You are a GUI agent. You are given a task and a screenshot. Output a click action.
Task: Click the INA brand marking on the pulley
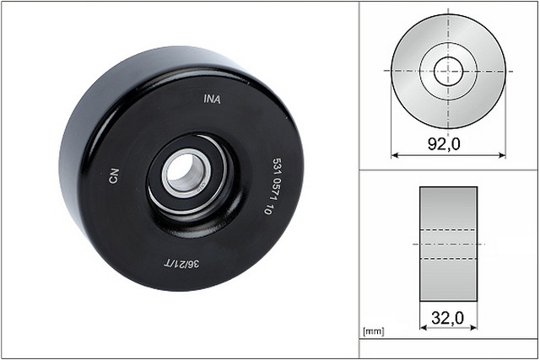pos(213,98)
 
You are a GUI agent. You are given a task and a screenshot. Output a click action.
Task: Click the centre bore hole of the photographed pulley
pos(180,173)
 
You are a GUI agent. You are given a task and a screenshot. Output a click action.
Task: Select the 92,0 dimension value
pos(443,144)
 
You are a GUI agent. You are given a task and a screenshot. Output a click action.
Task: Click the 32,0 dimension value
pos(447,320)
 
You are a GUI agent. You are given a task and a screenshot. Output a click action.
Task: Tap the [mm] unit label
pos(372,331)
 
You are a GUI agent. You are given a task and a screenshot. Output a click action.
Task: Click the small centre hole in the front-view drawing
pos(448,70)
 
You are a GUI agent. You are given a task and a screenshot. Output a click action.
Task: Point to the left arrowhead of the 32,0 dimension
pos(423,330)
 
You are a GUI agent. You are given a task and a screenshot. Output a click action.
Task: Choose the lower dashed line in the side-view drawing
pos(448,258)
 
